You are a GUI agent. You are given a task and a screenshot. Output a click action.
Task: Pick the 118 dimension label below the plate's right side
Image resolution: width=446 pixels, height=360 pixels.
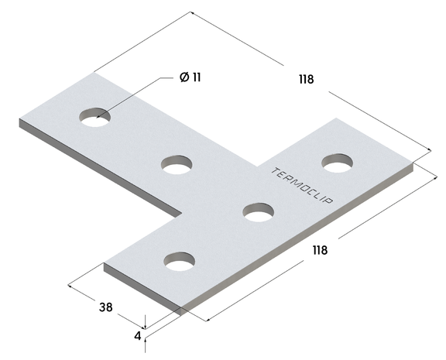(320, 250)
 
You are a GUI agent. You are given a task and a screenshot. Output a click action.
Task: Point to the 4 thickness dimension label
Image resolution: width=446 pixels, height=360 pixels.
(138, 336)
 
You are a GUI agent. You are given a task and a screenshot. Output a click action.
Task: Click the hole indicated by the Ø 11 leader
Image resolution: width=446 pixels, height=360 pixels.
(94, 118)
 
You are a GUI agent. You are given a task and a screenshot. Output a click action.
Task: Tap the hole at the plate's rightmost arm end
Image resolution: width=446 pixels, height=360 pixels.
(338, 163)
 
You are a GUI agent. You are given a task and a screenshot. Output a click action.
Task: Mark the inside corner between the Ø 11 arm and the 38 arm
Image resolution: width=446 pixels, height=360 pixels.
(182, 216)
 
